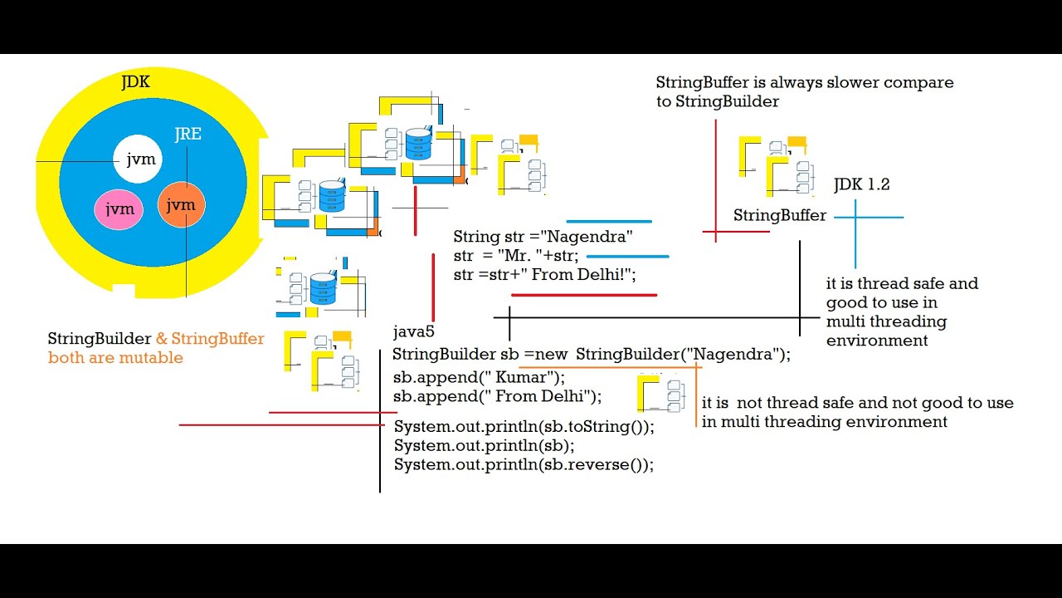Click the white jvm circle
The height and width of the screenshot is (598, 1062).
coord(138,159)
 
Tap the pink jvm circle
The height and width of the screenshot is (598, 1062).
coord(119,209)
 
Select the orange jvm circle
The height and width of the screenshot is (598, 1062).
coord(181,205)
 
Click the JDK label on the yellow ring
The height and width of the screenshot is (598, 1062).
coord(135,82)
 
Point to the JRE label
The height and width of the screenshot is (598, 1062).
coord(188,135)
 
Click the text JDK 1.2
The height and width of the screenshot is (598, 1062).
coord(862,185)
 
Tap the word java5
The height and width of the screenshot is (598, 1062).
coord(414,332)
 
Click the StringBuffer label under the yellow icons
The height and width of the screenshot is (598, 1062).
coord(780,216)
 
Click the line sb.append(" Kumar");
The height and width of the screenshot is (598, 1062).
coord(479,377)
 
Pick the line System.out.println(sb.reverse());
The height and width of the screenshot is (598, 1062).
coord(524,465)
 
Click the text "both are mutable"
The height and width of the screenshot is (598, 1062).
coord(115,358)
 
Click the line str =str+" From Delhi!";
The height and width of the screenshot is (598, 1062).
coord(544,275)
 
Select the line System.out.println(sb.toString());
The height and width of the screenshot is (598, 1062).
coord(524,427)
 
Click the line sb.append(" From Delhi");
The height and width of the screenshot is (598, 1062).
coord(498,396)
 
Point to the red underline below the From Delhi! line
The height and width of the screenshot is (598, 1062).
coord(584,295)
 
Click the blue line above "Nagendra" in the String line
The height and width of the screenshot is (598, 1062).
coord(609,222)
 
